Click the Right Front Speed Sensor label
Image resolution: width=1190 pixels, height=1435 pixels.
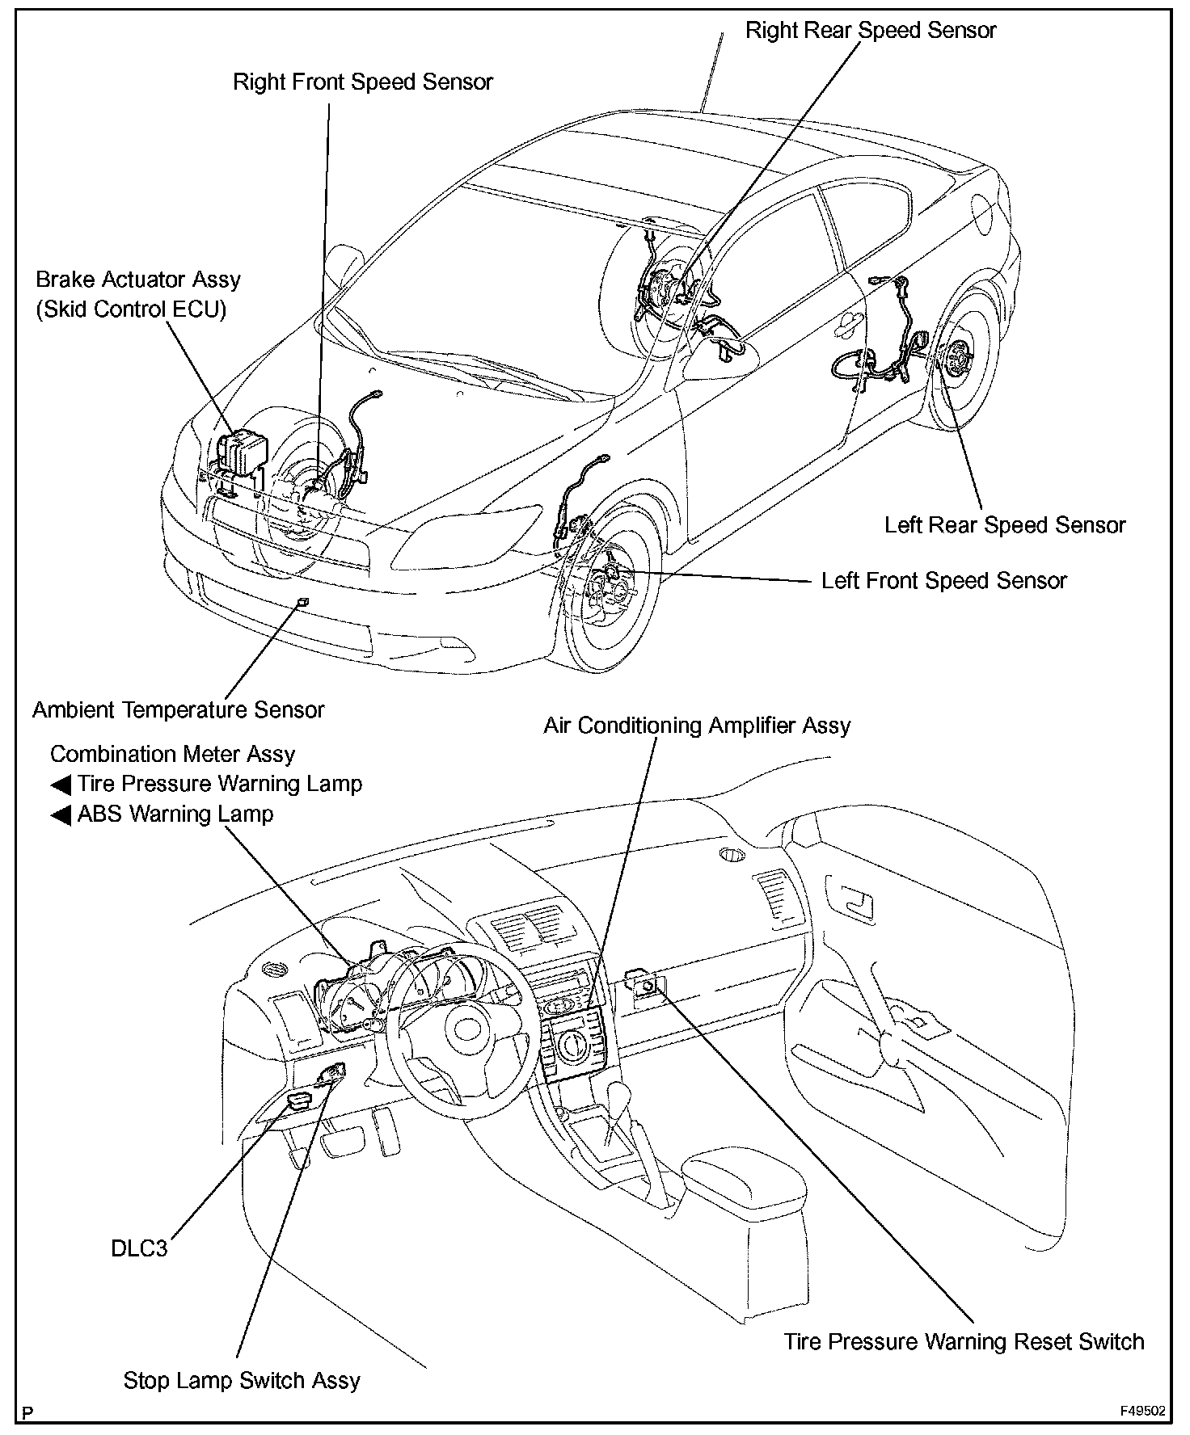(362, 82)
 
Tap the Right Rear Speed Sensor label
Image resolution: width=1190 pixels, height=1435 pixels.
(870, 31)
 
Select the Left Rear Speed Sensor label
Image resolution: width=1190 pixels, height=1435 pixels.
(1004, 525)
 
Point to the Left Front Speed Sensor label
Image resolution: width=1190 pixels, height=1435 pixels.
(943, 581)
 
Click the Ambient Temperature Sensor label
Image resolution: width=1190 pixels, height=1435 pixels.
(178, 710)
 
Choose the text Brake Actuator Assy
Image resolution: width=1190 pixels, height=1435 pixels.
(138, 280)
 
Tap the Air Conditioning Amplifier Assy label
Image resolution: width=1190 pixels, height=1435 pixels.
(696, 726)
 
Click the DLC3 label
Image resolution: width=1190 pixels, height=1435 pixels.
(139, 1248)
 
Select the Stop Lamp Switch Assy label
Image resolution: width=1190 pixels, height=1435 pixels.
(241, 1380)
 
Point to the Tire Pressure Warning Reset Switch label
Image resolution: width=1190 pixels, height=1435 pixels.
(964, 1342)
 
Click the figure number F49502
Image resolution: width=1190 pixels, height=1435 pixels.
(1142, 1412)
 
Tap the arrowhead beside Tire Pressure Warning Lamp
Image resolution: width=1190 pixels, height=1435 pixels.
(61, 785)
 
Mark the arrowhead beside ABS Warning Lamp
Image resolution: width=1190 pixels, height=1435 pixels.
(61, 814)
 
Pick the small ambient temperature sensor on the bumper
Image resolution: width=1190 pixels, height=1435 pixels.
(303, 602)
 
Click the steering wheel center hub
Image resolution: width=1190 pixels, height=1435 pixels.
(466, 1029)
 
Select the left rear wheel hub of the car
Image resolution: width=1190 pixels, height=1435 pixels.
(959, 355)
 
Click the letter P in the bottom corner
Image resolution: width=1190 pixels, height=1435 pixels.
(28, 1412)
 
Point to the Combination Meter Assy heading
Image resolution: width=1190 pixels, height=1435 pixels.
(172, 755)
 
